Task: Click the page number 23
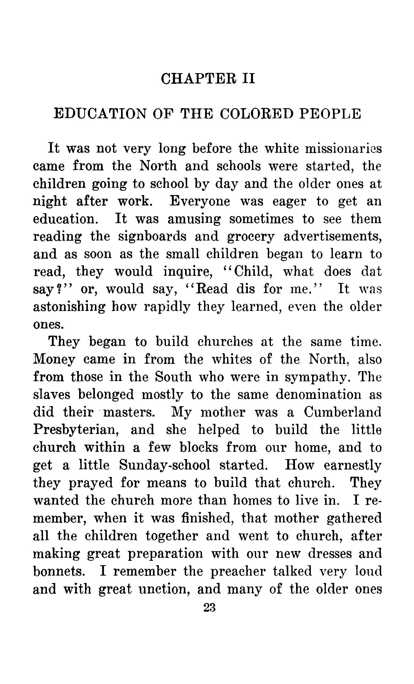(x=209, y=608)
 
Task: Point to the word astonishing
(x=69, y=307)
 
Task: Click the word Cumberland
(x=342, y=412)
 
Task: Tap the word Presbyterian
(x=76, y=430)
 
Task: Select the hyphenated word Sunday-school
(x=165, y=465)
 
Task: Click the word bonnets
(x=59, y=571)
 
